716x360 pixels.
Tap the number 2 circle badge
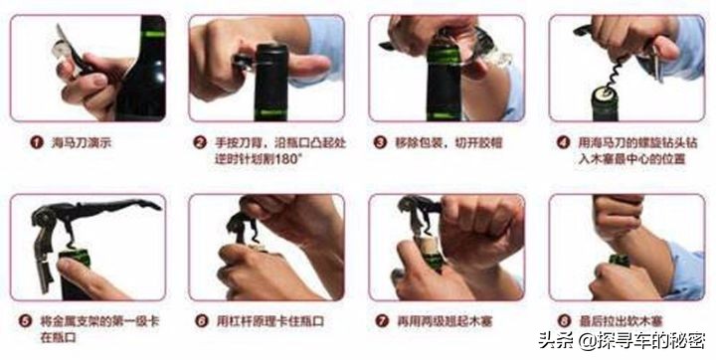coord(199,143)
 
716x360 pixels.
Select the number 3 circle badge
coord(379,143)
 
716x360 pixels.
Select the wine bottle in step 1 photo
coord(144,70)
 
